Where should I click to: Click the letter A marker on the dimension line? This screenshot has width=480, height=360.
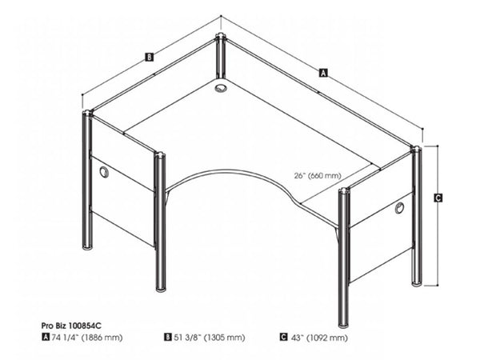(x=323, y=72)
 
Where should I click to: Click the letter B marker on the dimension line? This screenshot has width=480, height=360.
(x=149, y=56)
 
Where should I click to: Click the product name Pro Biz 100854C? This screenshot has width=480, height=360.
(x=74, y=326)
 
